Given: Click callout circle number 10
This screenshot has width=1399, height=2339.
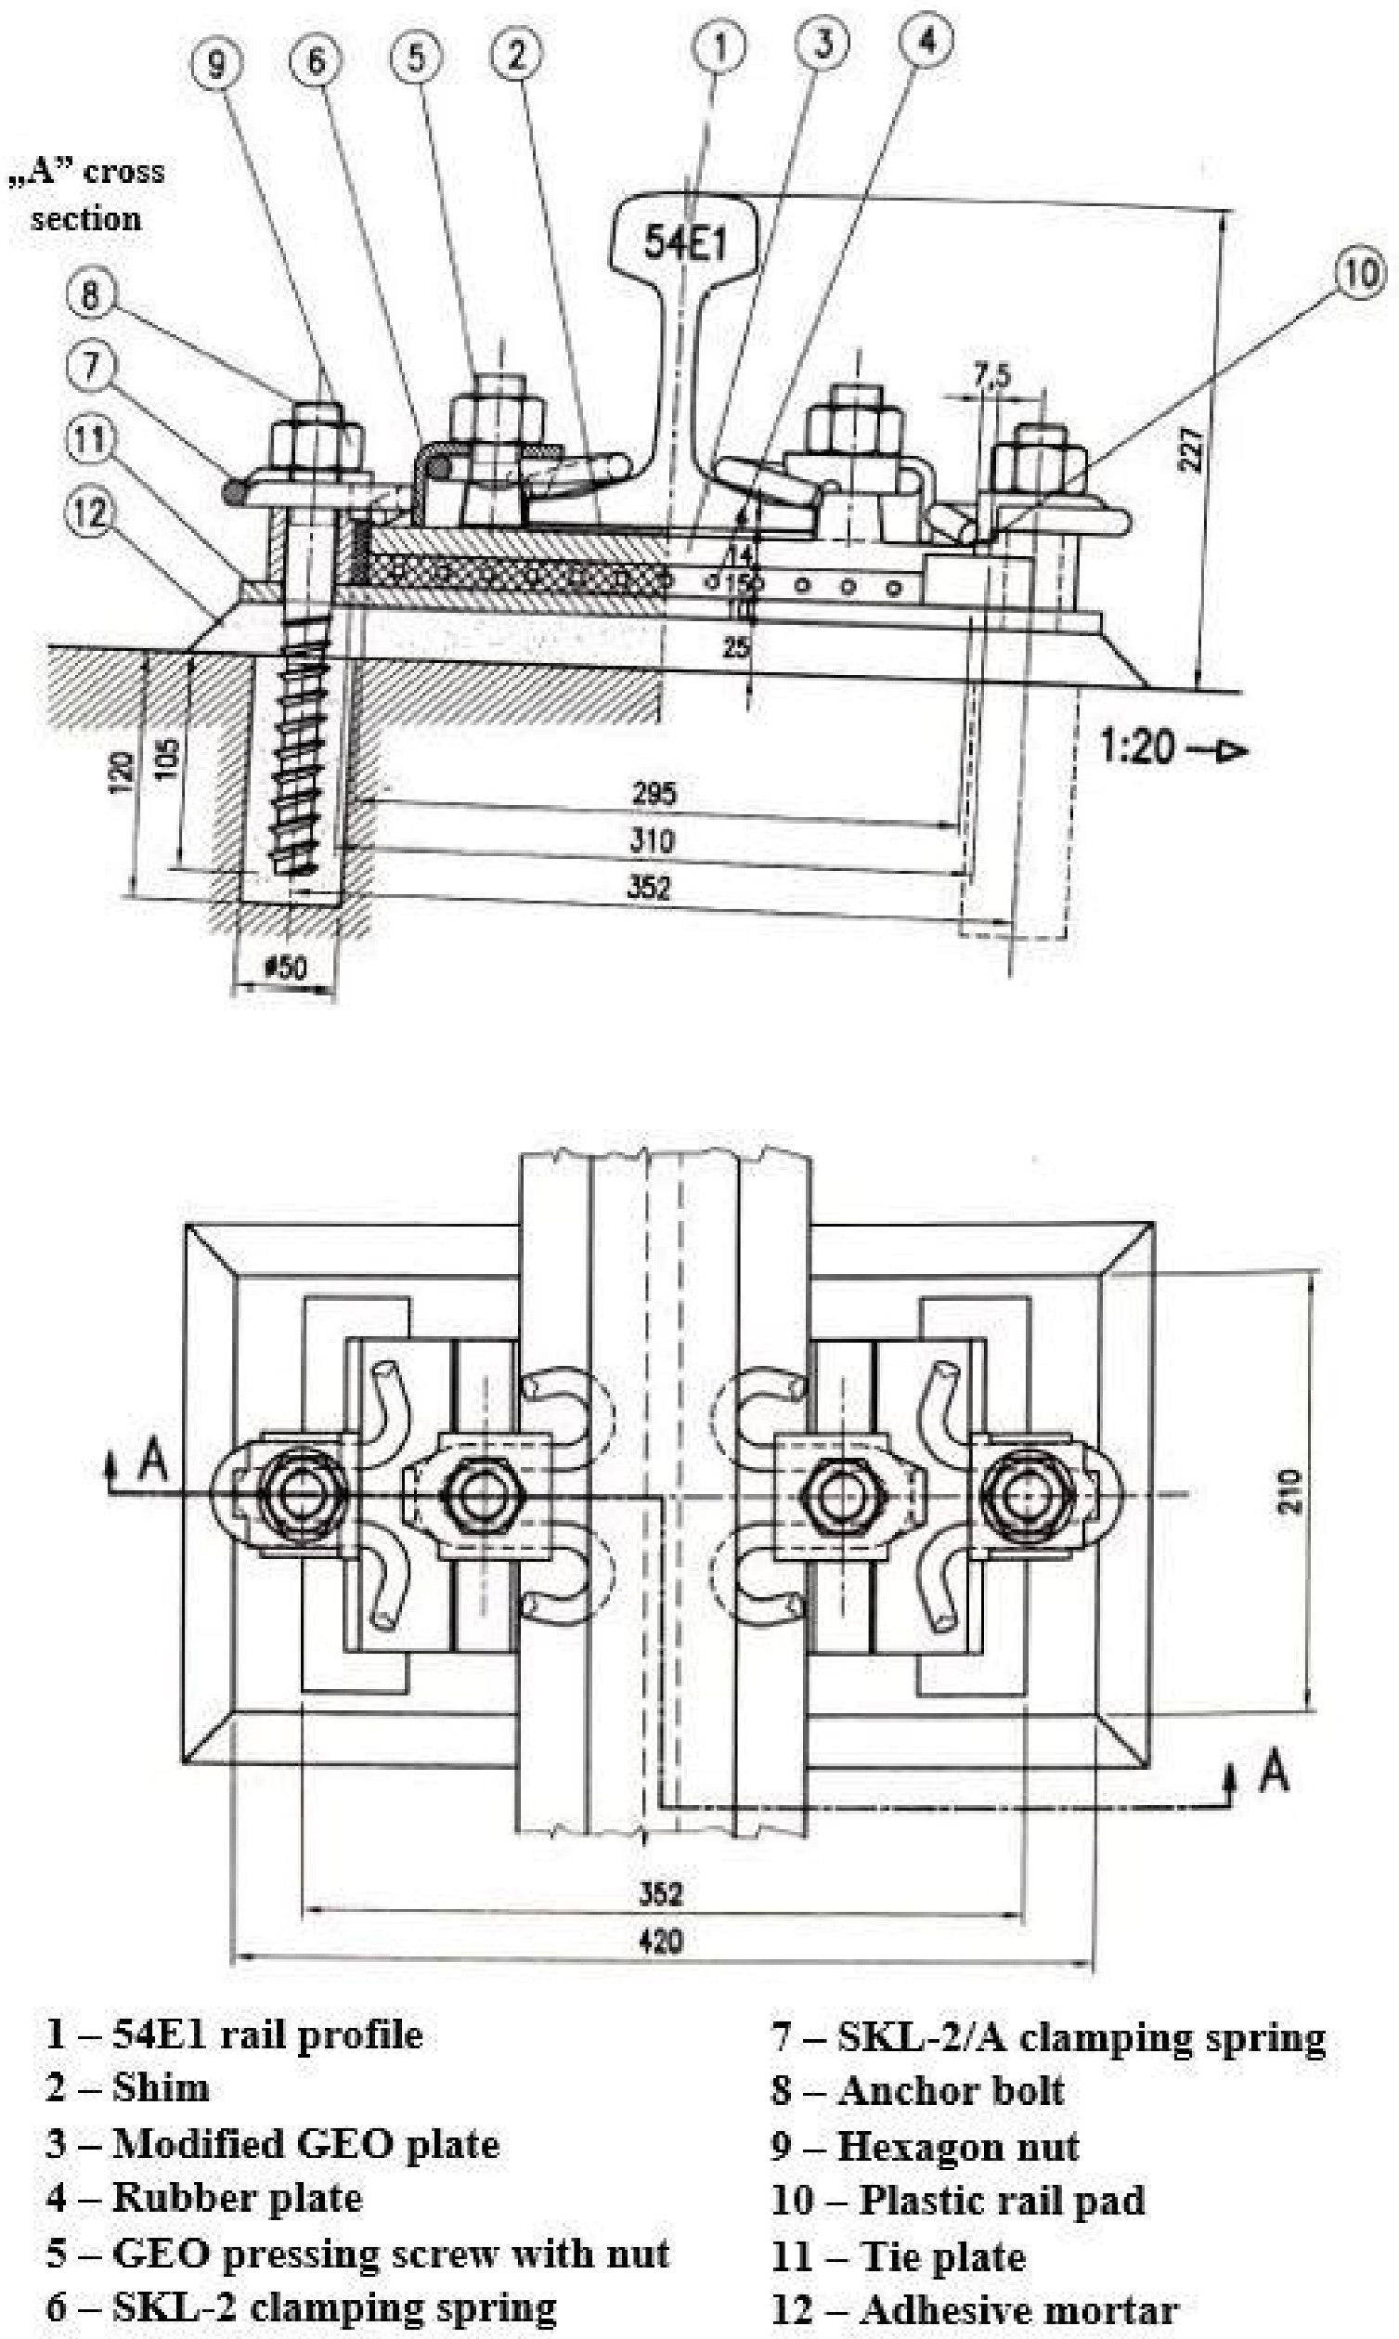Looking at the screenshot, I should pyautogui.click(x=1359, y=273).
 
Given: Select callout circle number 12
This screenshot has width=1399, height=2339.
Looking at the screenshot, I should pyautogui.click(x=90, y=513).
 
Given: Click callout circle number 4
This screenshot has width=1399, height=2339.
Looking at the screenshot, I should pyautogui.click(x=926, y=41).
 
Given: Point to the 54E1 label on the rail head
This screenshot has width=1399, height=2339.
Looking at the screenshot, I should pyautogui.click(x=685, y=243).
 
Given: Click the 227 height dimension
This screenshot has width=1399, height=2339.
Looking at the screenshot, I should pyautogui.click(x=1191, y=448).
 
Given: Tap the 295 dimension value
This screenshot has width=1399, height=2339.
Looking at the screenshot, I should pyautogui.click(x=654, y=793).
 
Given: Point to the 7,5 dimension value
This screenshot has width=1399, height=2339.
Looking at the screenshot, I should pyautogui.click(x=991, y=376).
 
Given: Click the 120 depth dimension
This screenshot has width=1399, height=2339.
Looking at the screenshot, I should pyautogui.click(x=121, y=773).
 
